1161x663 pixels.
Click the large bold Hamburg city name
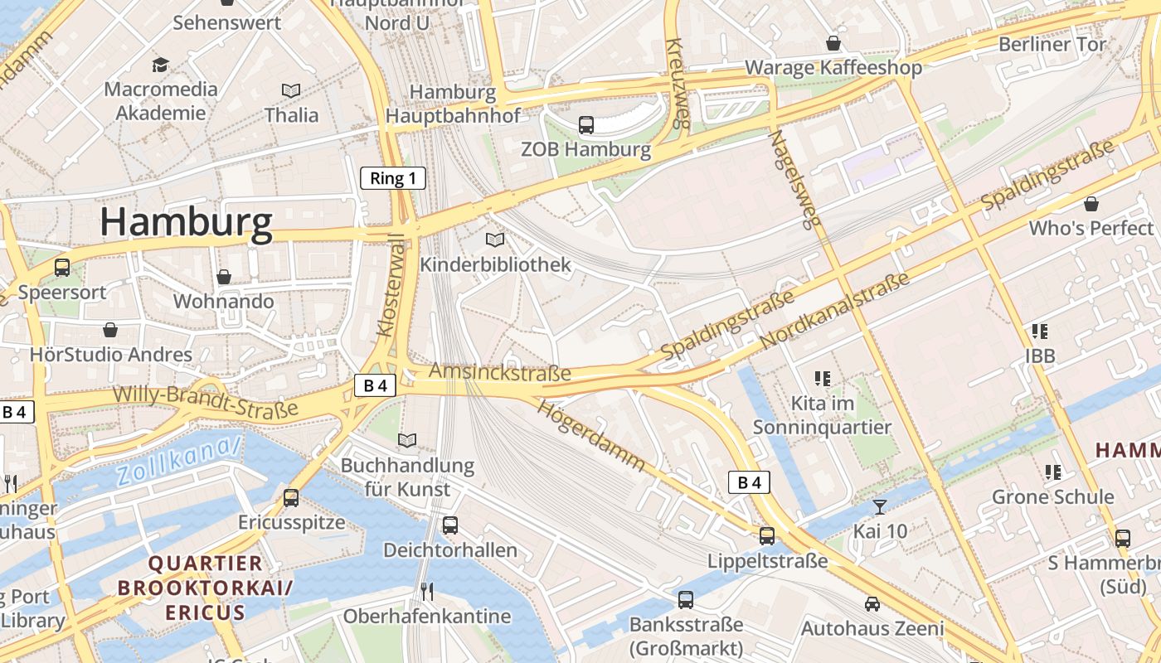point(186,223)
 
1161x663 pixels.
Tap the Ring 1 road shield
point(392,178)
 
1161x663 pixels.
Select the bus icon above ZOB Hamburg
point(586,125)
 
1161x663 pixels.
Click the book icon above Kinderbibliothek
point(495,240)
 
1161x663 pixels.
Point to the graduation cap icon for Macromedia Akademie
point(161,65)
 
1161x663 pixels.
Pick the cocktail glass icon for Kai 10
point(880,506)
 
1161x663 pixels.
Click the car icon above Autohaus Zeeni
point(872,604)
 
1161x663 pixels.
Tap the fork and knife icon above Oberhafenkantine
point(427,591)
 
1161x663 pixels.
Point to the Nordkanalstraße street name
point(834,311)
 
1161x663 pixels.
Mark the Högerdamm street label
point(590,435)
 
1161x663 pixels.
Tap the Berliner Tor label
point(1052,45)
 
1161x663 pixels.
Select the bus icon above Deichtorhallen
point(450,525)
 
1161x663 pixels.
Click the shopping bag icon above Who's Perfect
point(1091,204)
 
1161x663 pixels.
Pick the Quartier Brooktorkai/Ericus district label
point(205,588)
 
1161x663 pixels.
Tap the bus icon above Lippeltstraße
point(767,536)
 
